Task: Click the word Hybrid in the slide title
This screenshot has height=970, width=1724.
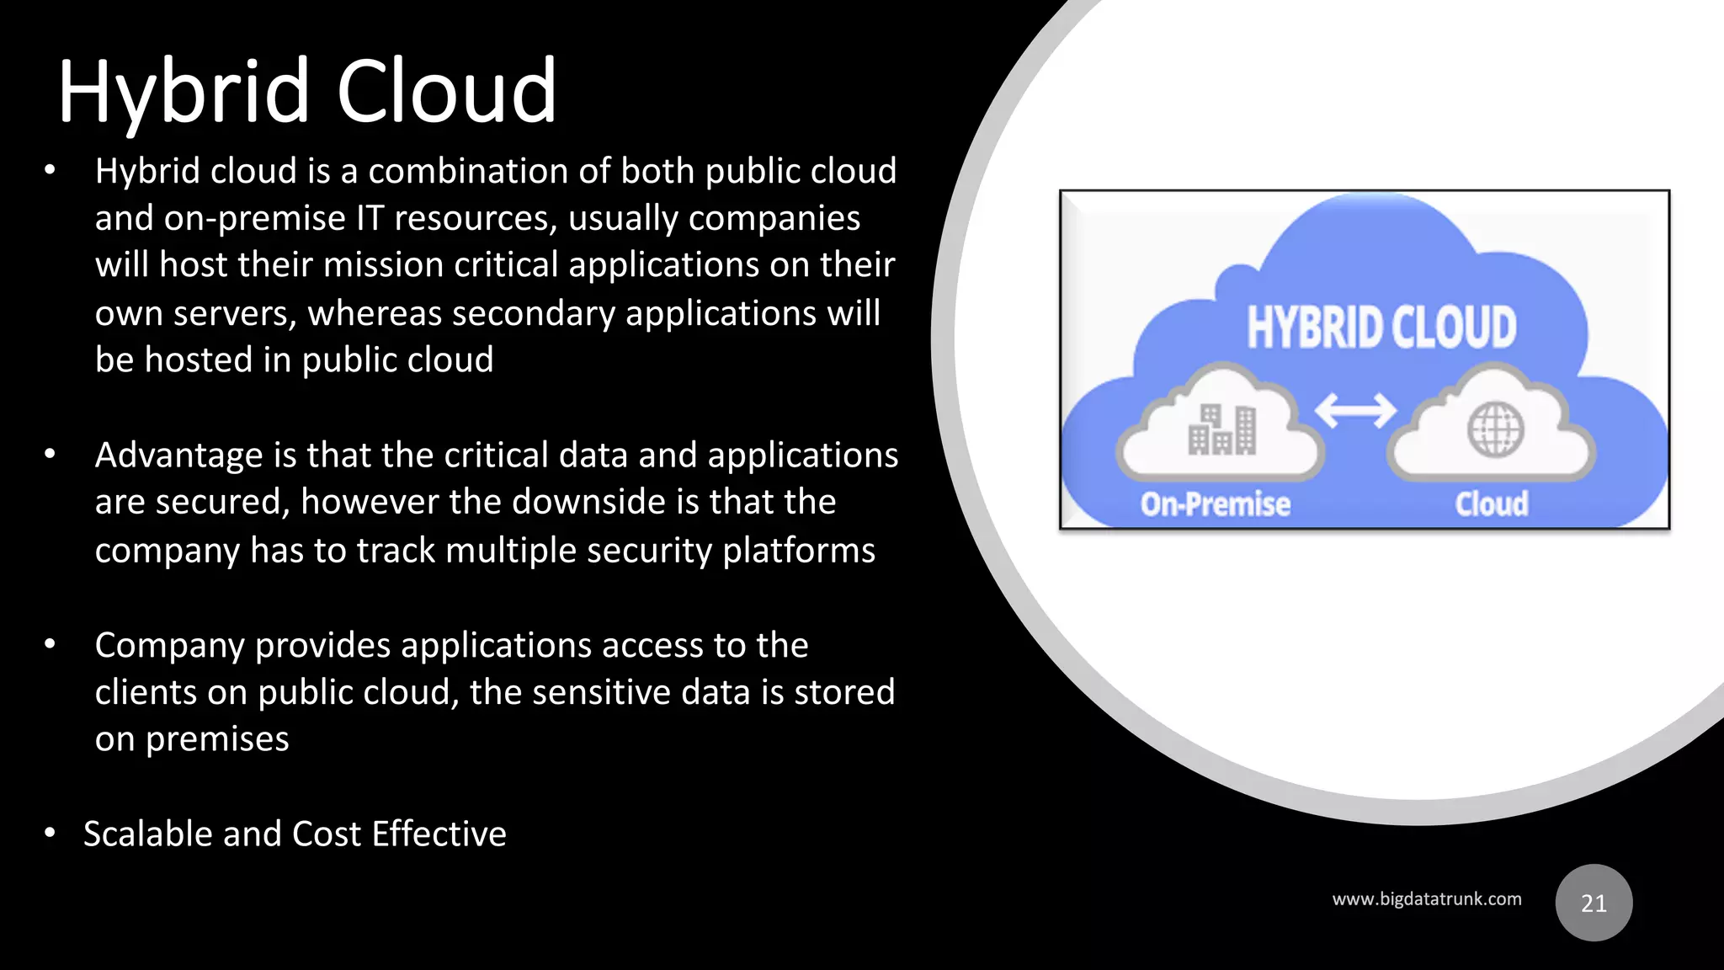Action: pyautogui.click(x=184, y=91)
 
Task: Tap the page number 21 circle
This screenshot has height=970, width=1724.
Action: pyautogui.click(x=1594, y=903)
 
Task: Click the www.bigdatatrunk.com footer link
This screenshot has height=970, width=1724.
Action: pyautogui.click(x=1426, y=899)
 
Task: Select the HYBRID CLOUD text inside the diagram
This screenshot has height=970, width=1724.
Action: pyautogui.click(x=1381, y=327)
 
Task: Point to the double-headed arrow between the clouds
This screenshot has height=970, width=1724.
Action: pyautogui.click(x=1355, y=411)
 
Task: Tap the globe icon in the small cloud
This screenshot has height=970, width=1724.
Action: pyautogui.click(x=1495, y=429)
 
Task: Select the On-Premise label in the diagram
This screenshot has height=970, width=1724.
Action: pyautogui.click(x=1215, y=504)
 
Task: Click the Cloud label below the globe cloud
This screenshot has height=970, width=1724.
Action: pyautogui.click(x=1492, y=504)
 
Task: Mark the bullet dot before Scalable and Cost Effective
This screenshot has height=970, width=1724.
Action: pyautogui.click(x=50, y=834)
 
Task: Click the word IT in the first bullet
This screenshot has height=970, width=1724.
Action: pyautogui.click(x=370, y=218)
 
